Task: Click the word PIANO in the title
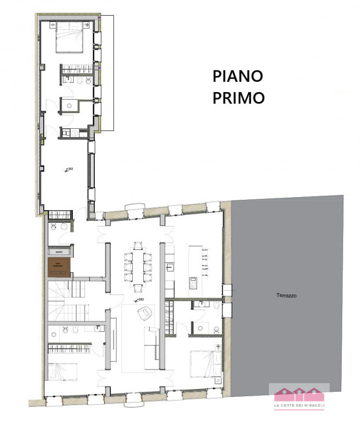(x=238, y=76)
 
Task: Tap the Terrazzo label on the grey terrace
(x=287, y=296)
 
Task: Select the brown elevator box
(x=59, y=267)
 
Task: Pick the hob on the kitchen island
(x=193, y=282)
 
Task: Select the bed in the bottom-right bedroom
(x=205, y=364)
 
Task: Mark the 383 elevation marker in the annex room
(x=69, y=170)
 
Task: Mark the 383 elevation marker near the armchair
(x=141, y=299)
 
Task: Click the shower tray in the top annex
(x=69, y=105)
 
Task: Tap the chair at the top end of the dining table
(x=139, y=247)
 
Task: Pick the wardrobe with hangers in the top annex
(x=77, y=69)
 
